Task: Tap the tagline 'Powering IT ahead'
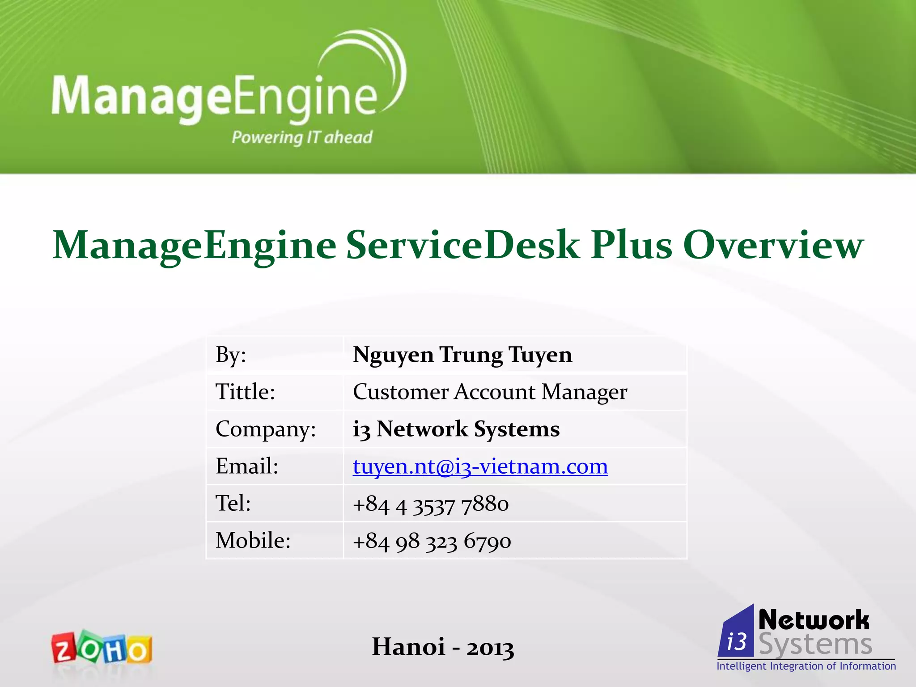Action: (302, 137)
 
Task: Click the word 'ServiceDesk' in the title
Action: (462, 245)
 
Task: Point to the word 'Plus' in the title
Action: (631, 245)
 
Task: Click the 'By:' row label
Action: (231, 355)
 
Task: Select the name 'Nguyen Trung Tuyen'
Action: (462, 355)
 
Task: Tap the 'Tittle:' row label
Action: (245, 392)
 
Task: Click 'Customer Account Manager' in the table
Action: (490, 392)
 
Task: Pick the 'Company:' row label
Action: (266, 429)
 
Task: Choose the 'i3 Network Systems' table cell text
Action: (456, 429)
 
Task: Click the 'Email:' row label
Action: (247, 466)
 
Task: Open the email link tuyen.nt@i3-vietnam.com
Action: (480, 466)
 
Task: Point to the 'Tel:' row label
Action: (233, 503)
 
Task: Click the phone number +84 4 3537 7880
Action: (431, 504)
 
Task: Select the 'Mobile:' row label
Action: (253, 540)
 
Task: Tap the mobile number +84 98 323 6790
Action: (432, 541)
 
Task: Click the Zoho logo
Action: (102, 647)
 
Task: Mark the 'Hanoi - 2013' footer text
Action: (443, 647)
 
